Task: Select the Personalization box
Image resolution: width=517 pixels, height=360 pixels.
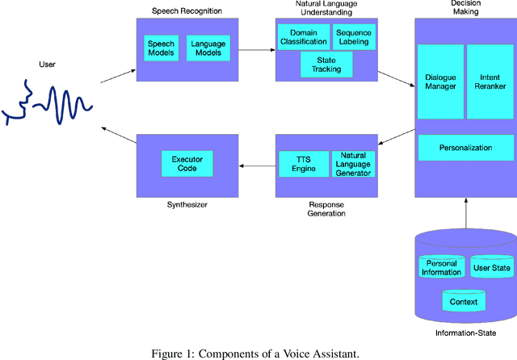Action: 465,148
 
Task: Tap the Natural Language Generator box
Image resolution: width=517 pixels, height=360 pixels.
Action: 354,164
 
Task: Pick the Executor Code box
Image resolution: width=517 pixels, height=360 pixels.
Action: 187,164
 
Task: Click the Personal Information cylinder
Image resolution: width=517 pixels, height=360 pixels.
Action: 441,268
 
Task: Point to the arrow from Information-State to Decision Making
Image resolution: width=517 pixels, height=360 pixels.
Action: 465,214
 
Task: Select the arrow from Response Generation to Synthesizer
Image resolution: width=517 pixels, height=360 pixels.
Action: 257,167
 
